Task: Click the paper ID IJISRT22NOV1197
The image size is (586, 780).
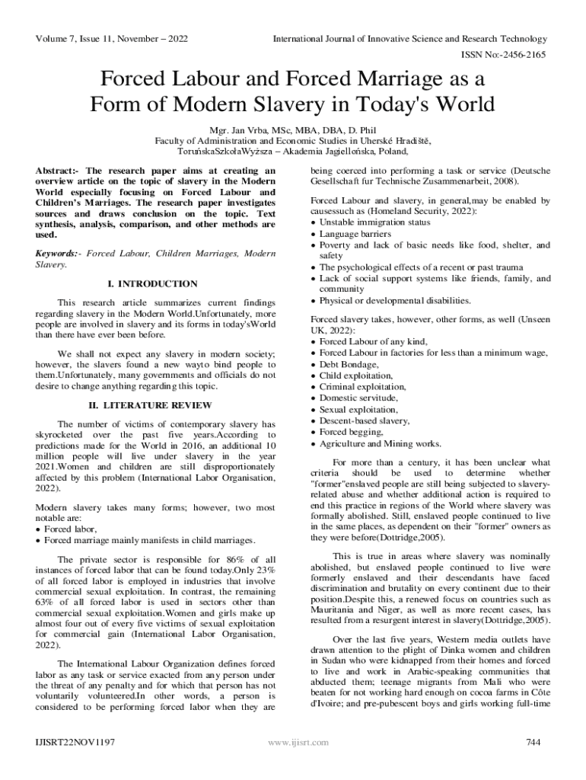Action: [69, 742]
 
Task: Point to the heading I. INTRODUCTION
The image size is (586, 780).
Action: [153, 284]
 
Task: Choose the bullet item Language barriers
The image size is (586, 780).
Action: [355, 234]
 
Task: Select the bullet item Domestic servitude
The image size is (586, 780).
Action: [358, 398]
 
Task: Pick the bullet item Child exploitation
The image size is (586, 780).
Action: [356, 376]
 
